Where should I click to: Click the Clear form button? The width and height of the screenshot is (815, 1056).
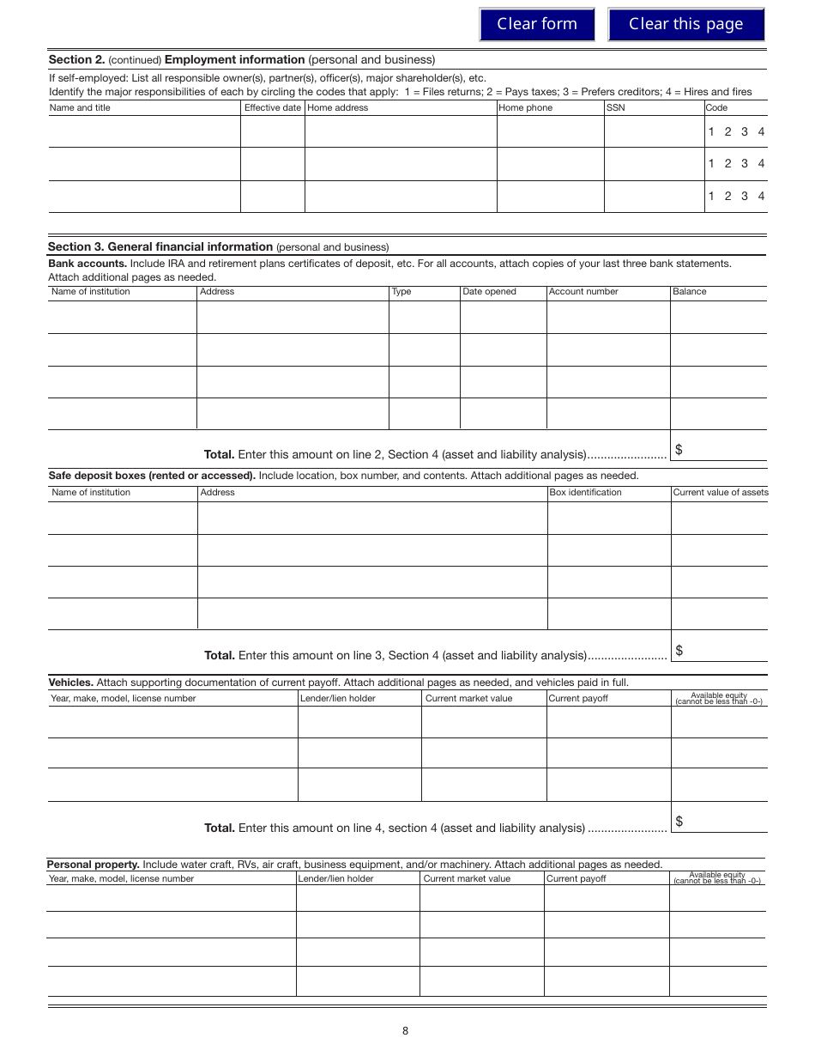click(537, 24)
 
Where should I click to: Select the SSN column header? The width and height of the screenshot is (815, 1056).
click(616, 108)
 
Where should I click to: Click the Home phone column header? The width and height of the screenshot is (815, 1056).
click(526, 108)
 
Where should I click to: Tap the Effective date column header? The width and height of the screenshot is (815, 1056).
click(273, 108)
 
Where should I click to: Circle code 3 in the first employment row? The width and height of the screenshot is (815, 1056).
click(745, 132)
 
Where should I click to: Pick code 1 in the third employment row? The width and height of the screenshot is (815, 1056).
click(711, 197)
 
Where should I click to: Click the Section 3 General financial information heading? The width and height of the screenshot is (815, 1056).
click(160, 246)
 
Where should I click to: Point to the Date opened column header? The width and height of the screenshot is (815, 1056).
click(489, 292)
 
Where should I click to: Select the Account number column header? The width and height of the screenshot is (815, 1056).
click(583, 292)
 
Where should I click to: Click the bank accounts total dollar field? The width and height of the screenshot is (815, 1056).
click(721, 450)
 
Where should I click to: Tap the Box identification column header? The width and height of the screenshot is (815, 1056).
click(585, 493)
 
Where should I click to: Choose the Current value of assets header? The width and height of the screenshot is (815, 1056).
click(720, 493)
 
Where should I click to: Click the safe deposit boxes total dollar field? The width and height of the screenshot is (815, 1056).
click(721, 651)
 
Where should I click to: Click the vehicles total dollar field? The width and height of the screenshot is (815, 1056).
click(721, 822)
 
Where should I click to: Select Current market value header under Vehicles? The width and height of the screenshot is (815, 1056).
click(468, 699)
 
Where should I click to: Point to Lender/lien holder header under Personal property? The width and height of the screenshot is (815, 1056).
click(336, 879)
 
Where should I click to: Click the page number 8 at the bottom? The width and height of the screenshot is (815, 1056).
click(406, 1031)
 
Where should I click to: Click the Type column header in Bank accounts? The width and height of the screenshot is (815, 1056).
click(401, 292)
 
